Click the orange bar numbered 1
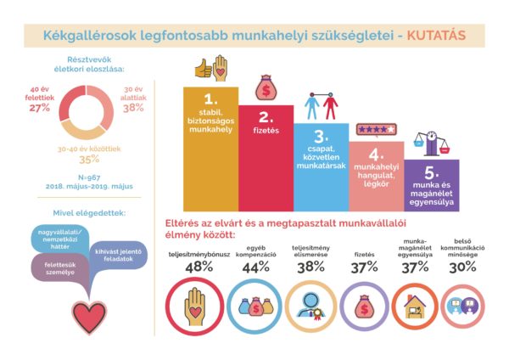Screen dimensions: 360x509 click(210, 144)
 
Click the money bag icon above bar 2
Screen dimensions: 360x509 click(264, 87)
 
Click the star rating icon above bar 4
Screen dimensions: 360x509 click(376, 130)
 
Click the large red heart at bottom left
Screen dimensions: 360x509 click(89, 315)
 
